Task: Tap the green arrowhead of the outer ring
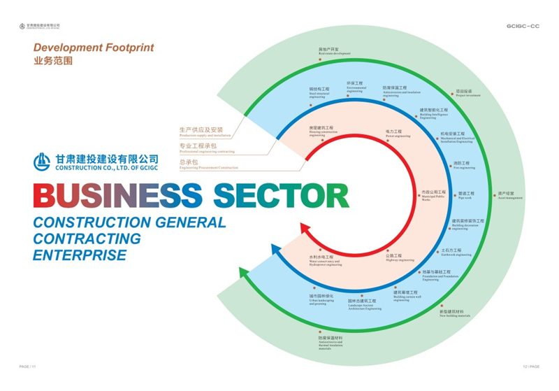[x=244, y=273]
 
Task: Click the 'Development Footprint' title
[x=94, y=48]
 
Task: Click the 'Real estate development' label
[x=333, y=51]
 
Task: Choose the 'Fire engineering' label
[x=464, y=166]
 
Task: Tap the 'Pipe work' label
[x=465, y=195]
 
